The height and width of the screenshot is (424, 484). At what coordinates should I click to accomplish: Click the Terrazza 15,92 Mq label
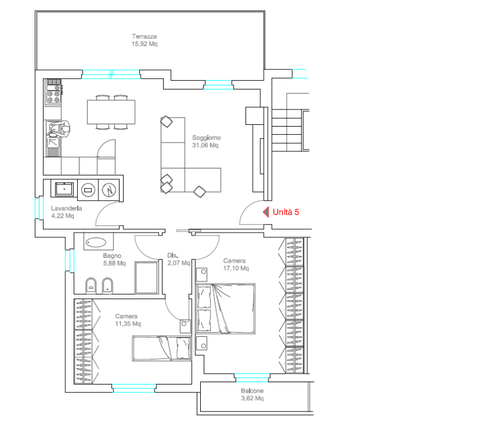click(144, 40)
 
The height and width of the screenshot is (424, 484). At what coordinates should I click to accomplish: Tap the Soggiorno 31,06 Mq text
click(207, 141)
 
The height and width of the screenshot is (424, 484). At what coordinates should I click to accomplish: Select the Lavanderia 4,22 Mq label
click(67, 212)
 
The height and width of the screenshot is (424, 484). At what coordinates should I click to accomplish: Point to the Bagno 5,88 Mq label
click(114, 259)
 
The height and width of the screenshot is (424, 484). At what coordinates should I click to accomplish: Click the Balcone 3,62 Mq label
click(252, 395)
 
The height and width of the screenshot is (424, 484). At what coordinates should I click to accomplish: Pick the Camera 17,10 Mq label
click(236, 264)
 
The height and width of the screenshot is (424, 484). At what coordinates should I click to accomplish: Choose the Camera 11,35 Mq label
click(128, 320)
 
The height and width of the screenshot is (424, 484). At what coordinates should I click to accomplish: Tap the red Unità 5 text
click(286, 212)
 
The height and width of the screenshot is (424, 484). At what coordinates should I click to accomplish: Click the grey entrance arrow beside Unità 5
click(266, 212)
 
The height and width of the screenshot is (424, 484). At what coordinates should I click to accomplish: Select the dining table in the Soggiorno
click(111, 112)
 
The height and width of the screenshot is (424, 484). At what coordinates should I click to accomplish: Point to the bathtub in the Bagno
click(96, 242)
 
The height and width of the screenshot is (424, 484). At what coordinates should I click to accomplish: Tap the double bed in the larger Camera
click(226, 309)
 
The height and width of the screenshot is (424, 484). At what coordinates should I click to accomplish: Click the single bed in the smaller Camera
click(161, 349)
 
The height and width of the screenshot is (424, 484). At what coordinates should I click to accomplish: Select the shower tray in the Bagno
click(147, 277)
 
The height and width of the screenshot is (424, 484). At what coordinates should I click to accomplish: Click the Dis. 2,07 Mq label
click(178, 259)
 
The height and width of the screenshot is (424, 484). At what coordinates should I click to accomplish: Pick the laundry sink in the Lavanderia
click(65, 188)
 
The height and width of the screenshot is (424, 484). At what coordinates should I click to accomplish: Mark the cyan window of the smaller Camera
click(134, 388)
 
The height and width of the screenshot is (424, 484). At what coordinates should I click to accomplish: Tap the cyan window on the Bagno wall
click(69, 260)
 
